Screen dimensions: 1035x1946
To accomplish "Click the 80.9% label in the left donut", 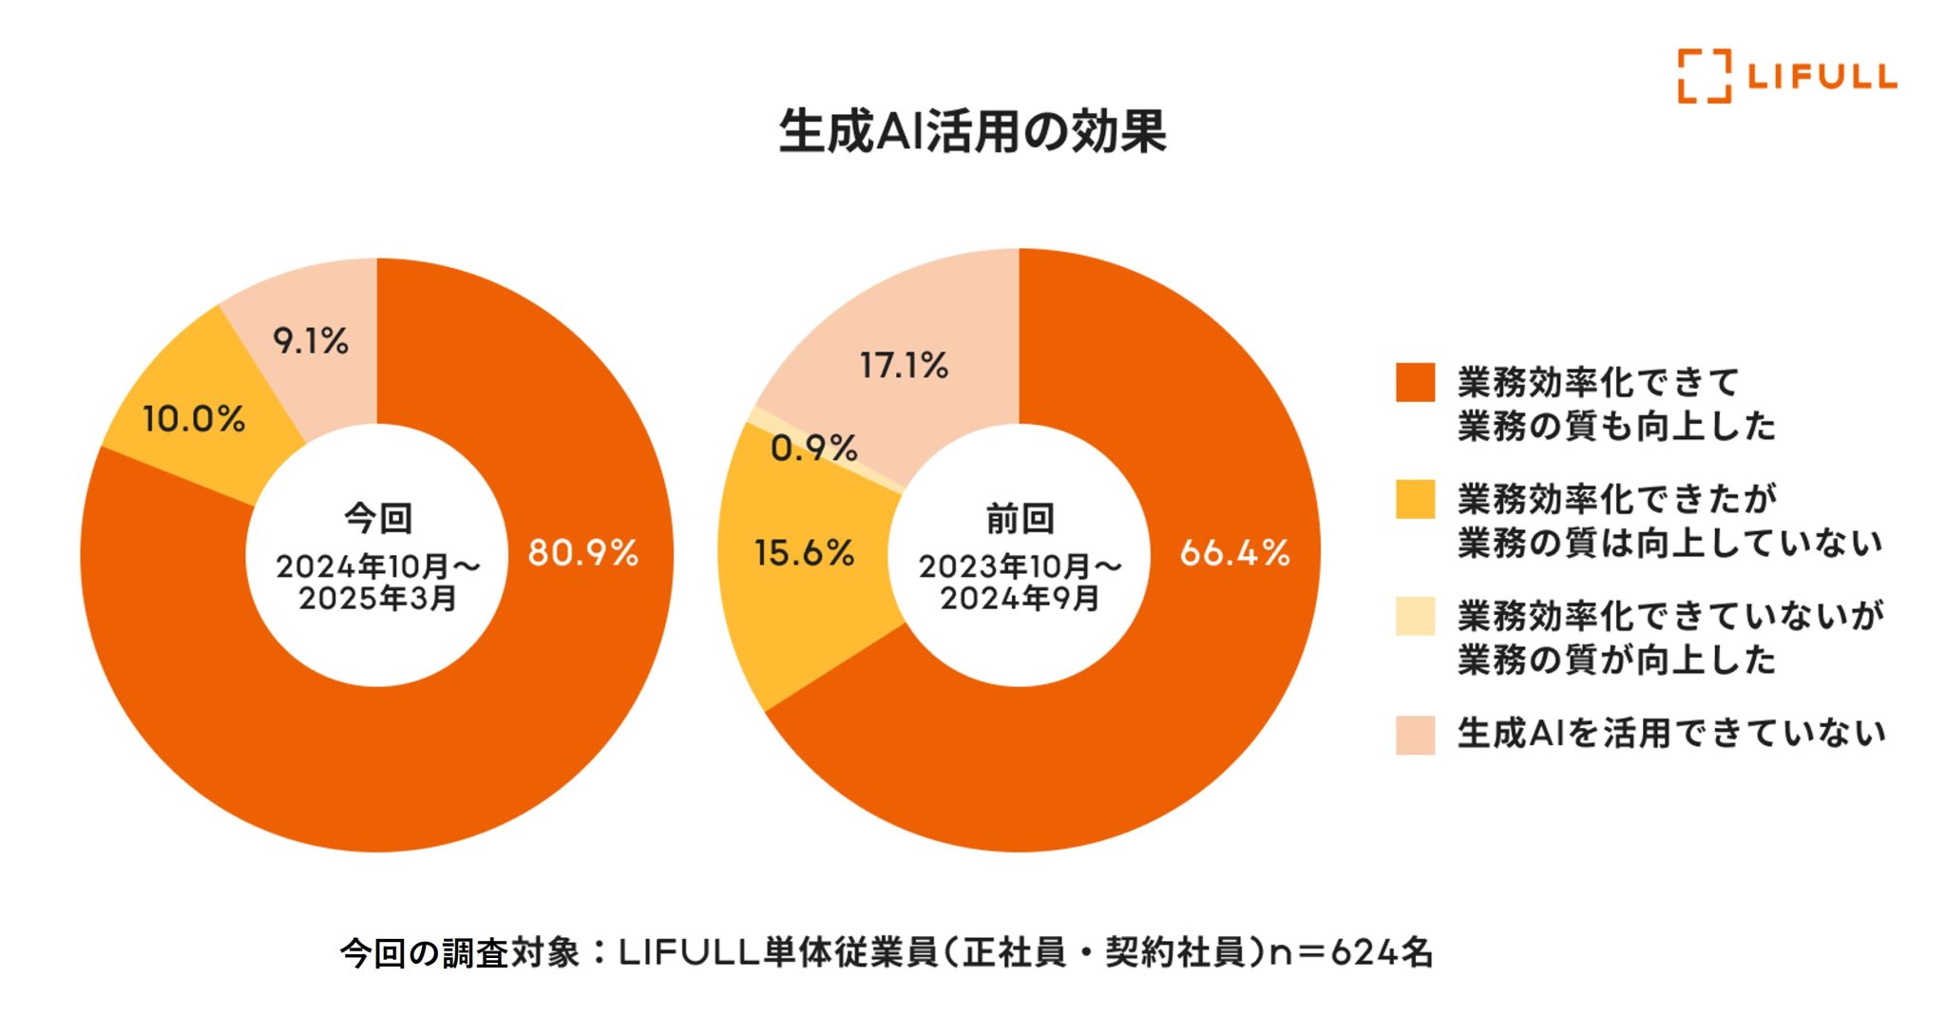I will pos(582,552).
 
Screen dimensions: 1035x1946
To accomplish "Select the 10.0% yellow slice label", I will pos(194,418).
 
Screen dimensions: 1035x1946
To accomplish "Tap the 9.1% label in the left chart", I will pos(311,340).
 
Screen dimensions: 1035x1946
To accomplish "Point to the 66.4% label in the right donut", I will pos(1234,552).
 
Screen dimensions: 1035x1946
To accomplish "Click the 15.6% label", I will pos(804,552).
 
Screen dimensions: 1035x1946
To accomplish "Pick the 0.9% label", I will pos(813,448).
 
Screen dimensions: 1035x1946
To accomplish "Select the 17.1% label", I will pos(904,365).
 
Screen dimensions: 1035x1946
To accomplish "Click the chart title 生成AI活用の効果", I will pos(972,131).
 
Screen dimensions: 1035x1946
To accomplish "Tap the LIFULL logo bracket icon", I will pos(1704,76).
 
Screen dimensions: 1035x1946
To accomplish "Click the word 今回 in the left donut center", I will pos(378,518).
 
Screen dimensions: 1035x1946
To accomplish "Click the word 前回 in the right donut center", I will pos(1020,518).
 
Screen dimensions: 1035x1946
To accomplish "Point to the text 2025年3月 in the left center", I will pos(378,599).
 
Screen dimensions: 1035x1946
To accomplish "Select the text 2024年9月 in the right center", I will pos(1020,599).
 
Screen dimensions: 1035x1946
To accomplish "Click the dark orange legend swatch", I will pos(1415,382).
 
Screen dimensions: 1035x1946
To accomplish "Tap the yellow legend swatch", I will pos(1415,499).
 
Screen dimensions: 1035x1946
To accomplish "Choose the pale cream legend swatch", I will pos(1415,616).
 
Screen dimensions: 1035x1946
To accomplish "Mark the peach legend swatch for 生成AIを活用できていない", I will pos(1415,734).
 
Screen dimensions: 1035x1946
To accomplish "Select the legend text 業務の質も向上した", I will pos(1616,426).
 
